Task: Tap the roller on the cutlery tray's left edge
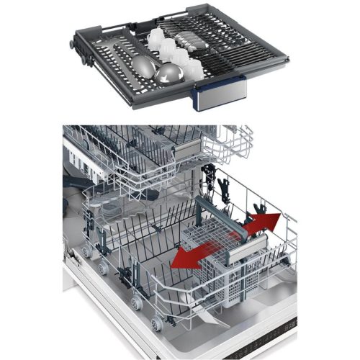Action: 71,45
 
